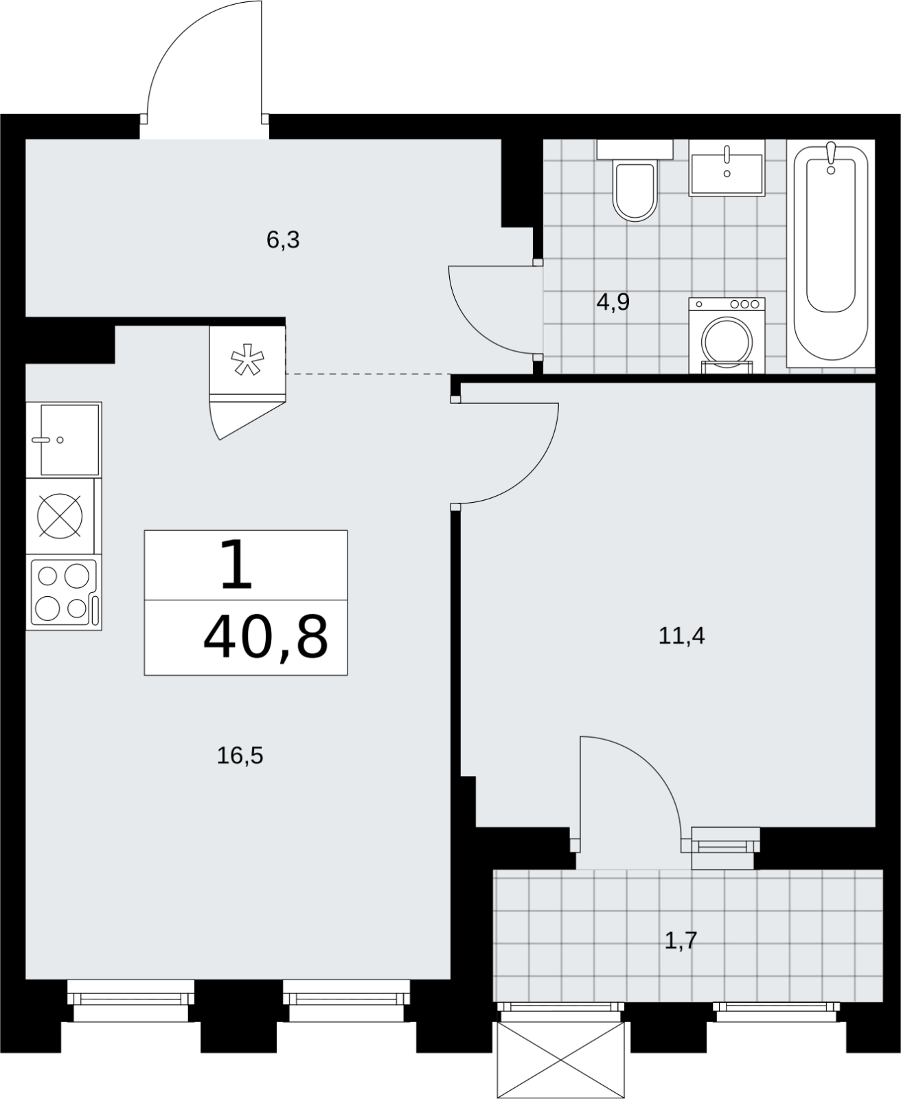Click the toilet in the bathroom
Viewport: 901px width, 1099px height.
click(x=635, y=180)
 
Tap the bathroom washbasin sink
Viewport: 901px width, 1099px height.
click(x=727, y=168)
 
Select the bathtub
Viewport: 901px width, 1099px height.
click(x=831, y=253)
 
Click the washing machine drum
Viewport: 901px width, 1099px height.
click(x=727, y=343)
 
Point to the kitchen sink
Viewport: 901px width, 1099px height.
click(x=64, y=440)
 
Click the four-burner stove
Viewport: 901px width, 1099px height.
click(x=64, y=592)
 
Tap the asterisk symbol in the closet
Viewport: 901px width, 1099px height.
click(x=247, y=359)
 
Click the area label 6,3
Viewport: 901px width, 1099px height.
click(x=283, y=240)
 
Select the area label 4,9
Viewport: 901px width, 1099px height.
click(x=613, y=302)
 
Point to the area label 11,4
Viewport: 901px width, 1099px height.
click(x=681, y=636)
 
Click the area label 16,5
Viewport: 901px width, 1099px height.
click(x=240, y=755)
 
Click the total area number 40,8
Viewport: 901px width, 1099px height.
click(x=266, y=638)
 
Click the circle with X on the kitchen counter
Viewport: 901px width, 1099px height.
click(x=60, y=516)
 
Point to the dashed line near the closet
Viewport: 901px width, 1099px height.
click(x=368, y=374)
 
